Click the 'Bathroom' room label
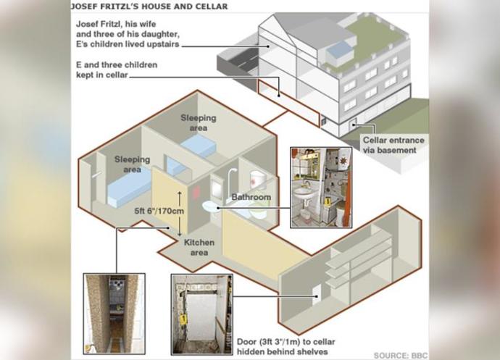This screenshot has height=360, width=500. pos(251,197)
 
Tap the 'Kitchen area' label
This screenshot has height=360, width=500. pos(199,248)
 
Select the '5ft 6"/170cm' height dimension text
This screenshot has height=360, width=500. pos(159,211)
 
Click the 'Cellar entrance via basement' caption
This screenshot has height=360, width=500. pos(393,145)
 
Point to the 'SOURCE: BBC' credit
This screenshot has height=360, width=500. pos(401,355)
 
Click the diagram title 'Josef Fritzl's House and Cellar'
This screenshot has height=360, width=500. pos(149,7)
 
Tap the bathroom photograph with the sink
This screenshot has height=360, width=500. pos(321,188)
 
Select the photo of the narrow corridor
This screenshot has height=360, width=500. pos(114,314)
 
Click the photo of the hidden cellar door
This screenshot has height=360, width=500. pos(202,314)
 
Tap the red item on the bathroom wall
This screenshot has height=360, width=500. pos(196,193)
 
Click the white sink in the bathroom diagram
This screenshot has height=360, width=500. pos(211,206)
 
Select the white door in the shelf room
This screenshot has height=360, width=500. pos(317,295)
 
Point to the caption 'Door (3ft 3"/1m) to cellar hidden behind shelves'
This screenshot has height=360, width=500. pos(286,347)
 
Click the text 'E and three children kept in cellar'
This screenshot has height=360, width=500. pos(117,70)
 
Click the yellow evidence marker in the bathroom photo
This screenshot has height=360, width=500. pos(327,202)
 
